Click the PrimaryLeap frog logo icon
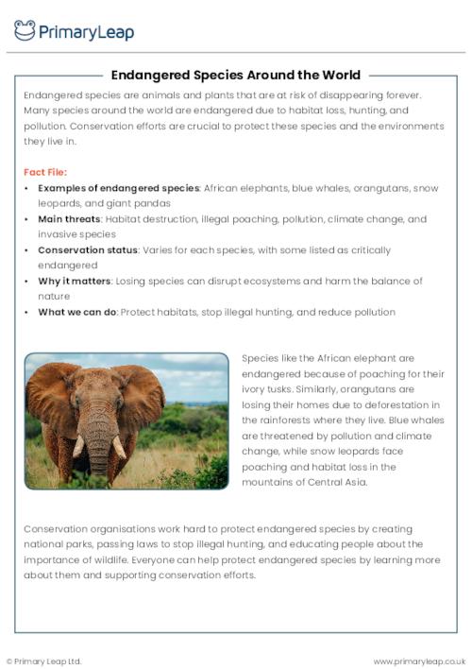pyautogui.click(x=25, y=30)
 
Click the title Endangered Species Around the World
pyautogui.click(x=235, y=75)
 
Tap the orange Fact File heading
pyautogui.click(x=44, y=173)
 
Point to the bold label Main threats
pyautogui.click(x=70, y=219)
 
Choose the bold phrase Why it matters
pyautogui.click(x=75, y=282)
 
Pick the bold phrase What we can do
pyautogui.click(x=77, y=312)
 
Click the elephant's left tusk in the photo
pyautogui.click(x=78, y=445)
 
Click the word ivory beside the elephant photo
pyautogui.click(x=256, y=389)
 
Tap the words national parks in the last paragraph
pyautogui.click(x=59, y=544)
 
